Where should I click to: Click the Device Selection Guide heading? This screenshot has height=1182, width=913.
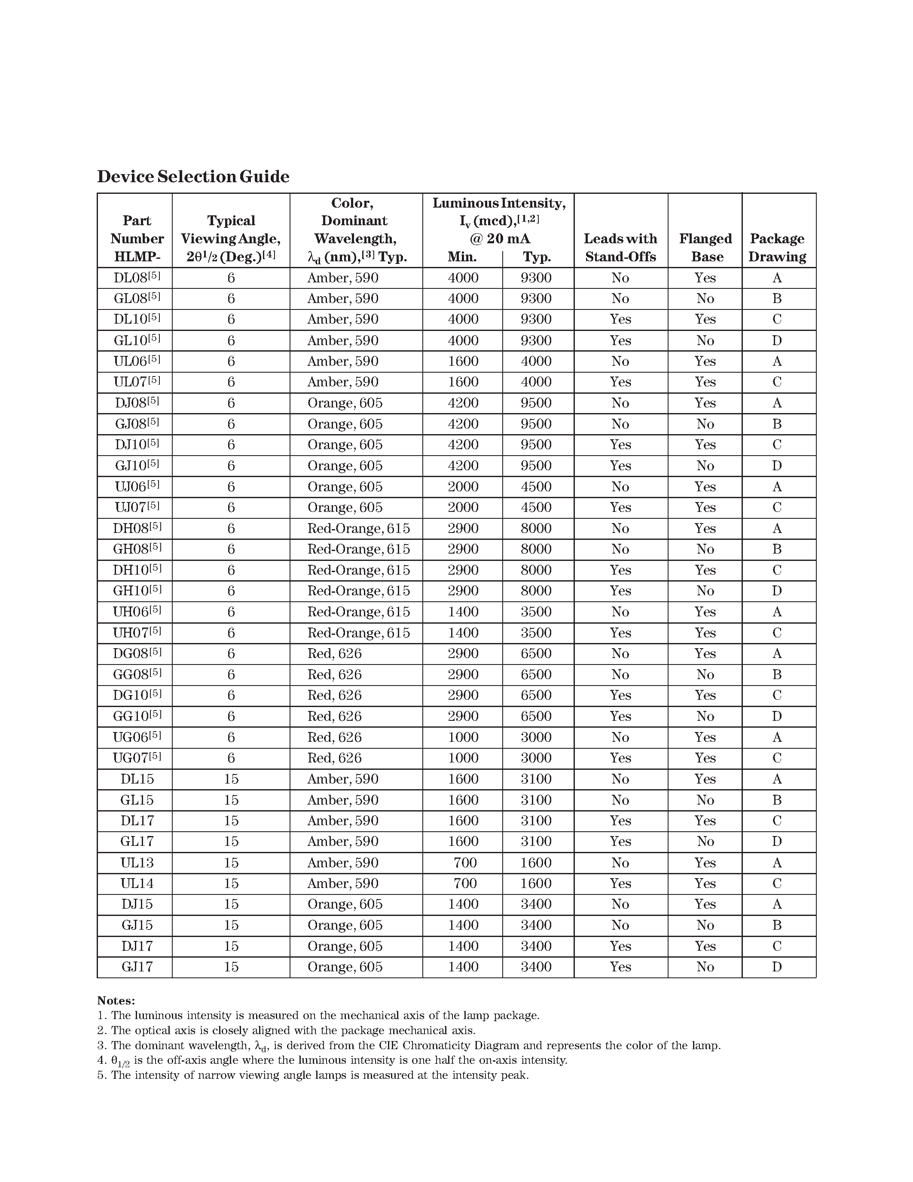click(193, 176)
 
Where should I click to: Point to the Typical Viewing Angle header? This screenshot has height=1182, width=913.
click(231, 238)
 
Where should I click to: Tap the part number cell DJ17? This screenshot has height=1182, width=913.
click(137, 946)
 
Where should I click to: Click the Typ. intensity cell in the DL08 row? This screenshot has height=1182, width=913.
click(536, 278)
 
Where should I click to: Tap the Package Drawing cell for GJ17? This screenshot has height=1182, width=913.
click(777, 967)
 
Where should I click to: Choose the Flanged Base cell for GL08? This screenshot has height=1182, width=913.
click(705, 298)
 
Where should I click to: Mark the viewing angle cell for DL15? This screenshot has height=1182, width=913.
click(231, 779)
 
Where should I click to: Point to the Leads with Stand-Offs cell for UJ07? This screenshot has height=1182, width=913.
click(620, 507)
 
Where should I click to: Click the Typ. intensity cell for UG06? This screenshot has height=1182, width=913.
click(536, 737)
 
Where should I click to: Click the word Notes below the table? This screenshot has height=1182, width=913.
click(116, 1000)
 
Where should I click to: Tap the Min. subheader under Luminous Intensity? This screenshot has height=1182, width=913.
click(462, 257)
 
